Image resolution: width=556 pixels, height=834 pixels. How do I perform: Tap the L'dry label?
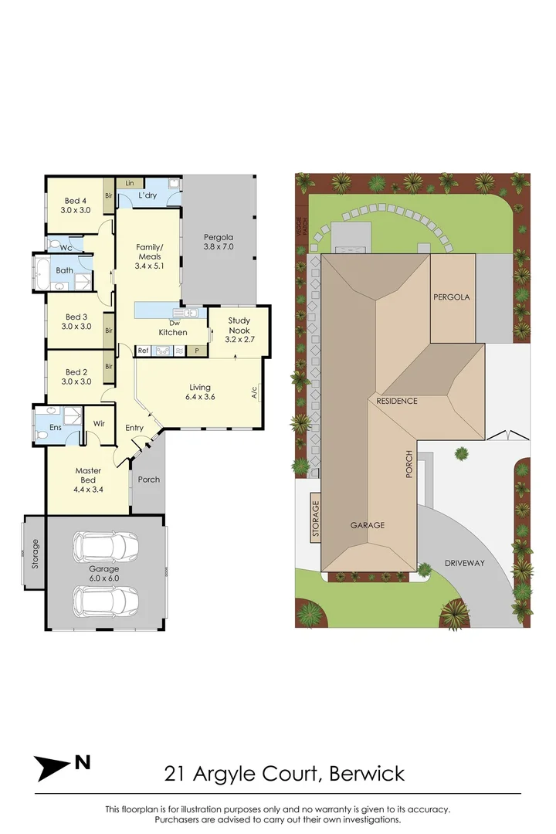pos(147,196)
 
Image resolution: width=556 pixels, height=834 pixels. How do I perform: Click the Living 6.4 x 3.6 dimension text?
pos(200,397)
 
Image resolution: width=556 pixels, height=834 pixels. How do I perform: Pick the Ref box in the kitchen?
pos(143,351)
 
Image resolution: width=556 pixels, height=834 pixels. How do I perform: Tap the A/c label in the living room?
pos(254,392)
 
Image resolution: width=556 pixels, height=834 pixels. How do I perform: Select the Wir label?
pos(99,423)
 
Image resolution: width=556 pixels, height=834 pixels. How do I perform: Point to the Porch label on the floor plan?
pos(148,480)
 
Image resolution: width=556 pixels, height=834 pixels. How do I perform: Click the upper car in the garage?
pos(106,548)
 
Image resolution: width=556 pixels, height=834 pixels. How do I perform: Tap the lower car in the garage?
pos(106,600)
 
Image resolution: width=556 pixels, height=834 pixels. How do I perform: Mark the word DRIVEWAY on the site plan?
pos(464,563)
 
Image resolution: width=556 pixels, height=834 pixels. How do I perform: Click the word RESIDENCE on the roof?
pos(397,401)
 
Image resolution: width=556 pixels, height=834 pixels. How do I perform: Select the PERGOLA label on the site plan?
pos(452,297)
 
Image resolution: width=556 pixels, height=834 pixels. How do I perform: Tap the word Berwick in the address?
pos(368,772)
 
